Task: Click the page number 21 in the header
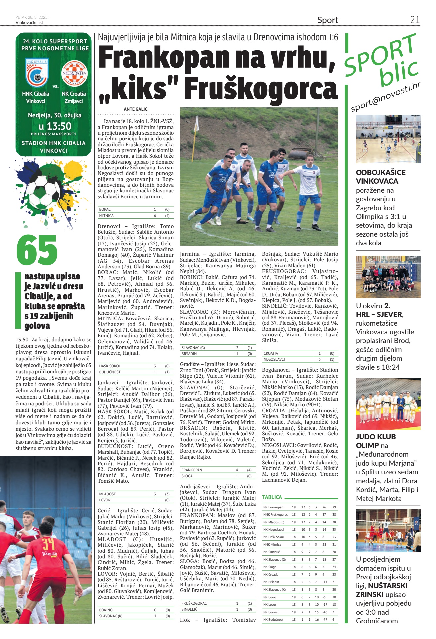(x=415, y=20)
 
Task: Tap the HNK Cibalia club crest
(x=37, y=73)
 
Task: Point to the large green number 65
(x=37, y=250)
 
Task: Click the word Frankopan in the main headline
(x=165, y=57)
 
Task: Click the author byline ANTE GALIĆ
(x=136, y=109)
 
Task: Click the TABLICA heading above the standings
(x=272, y=497)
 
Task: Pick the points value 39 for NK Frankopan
(x=334, y=507)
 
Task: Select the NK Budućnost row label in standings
(x=273, y=620)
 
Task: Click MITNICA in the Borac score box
(x=106, y=216)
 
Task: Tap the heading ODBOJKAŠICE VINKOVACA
(x=380, y=177)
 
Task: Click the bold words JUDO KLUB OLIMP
(x=376, y=441)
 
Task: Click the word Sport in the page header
(x=327, y=20)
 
